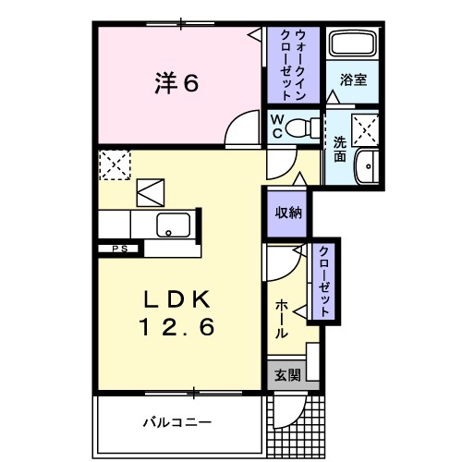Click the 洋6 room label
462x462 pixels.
(176, 83)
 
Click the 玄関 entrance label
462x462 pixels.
(286, 375)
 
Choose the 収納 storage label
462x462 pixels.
(286, 212)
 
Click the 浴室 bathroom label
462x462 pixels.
(354, 80)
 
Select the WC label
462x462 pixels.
(276, 128)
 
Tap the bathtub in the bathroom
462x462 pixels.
(353, 44)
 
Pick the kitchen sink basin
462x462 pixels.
(174, 224)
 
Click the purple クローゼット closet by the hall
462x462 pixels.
(325, 281)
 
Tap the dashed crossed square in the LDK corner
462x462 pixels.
(115, 166)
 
